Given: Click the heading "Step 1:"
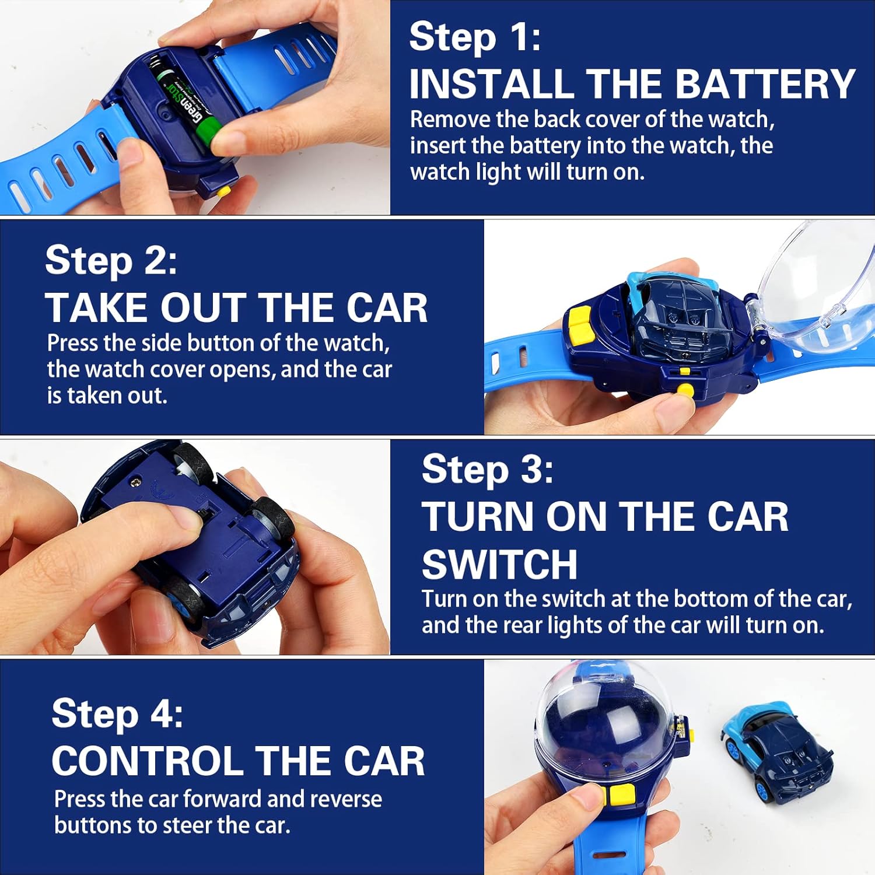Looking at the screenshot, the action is [475, 37].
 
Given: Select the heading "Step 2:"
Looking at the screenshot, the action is [111, 260].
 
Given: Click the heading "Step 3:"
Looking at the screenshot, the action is [488, 469].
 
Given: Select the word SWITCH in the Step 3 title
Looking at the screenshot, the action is [499, 565].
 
